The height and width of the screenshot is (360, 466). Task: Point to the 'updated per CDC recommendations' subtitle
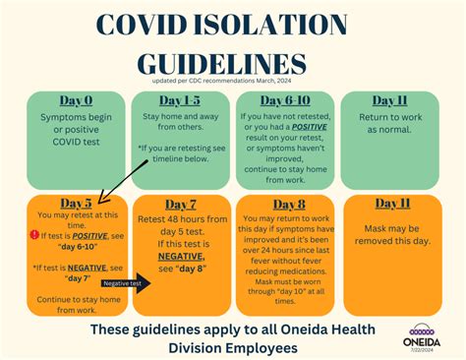click(x=234, y=83)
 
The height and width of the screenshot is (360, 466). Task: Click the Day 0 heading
click(x=77, y=101)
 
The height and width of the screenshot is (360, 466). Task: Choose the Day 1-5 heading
click(x=179, y=101)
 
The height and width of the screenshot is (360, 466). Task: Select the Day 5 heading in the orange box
click(x=77, y=204)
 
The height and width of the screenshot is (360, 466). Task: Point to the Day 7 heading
click(x=179, y=204)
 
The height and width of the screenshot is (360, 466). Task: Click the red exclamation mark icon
click(x=33, y=235)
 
